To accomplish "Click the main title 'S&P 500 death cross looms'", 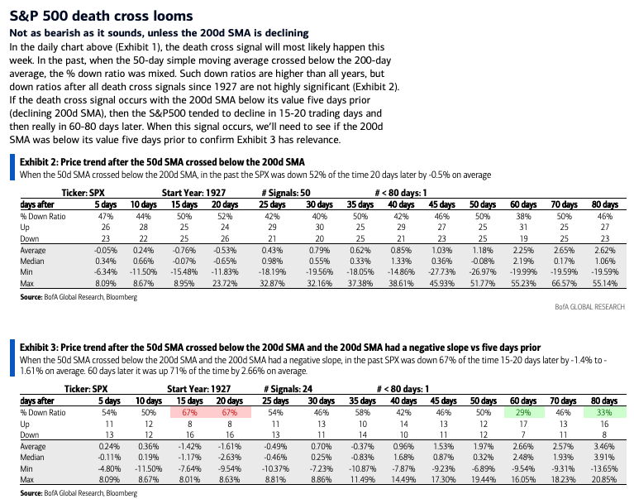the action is click(101, 16).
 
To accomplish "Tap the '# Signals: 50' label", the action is click(286, 193).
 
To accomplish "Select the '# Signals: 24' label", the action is click(288, 389).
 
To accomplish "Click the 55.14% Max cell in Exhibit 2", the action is click(605, 283).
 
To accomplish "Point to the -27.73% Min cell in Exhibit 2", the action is click(441, 272).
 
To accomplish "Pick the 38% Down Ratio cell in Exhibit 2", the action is click(523, 216).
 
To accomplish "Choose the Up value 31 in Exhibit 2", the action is click(523, 227).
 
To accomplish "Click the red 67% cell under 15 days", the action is click(190, 412).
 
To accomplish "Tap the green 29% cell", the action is click(523, 412).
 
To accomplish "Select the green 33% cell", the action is click(604, 412).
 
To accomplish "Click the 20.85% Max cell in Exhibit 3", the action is click(604, 480).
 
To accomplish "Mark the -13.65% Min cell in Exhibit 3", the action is click(603, 468).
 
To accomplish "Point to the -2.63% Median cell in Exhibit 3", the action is click(229, 458).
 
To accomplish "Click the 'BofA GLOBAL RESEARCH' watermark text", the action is click(589, 307).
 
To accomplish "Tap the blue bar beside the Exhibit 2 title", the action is click(12, 167).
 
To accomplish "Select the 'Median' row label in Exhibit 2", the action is click(32, 261).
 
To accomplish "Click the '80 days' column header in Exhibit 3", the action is click(604, 401).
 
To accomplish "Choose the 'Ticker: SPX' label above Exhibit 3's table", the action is click(86, 389).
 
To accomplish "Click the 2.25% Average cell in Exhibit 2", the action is click(523, 250).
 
